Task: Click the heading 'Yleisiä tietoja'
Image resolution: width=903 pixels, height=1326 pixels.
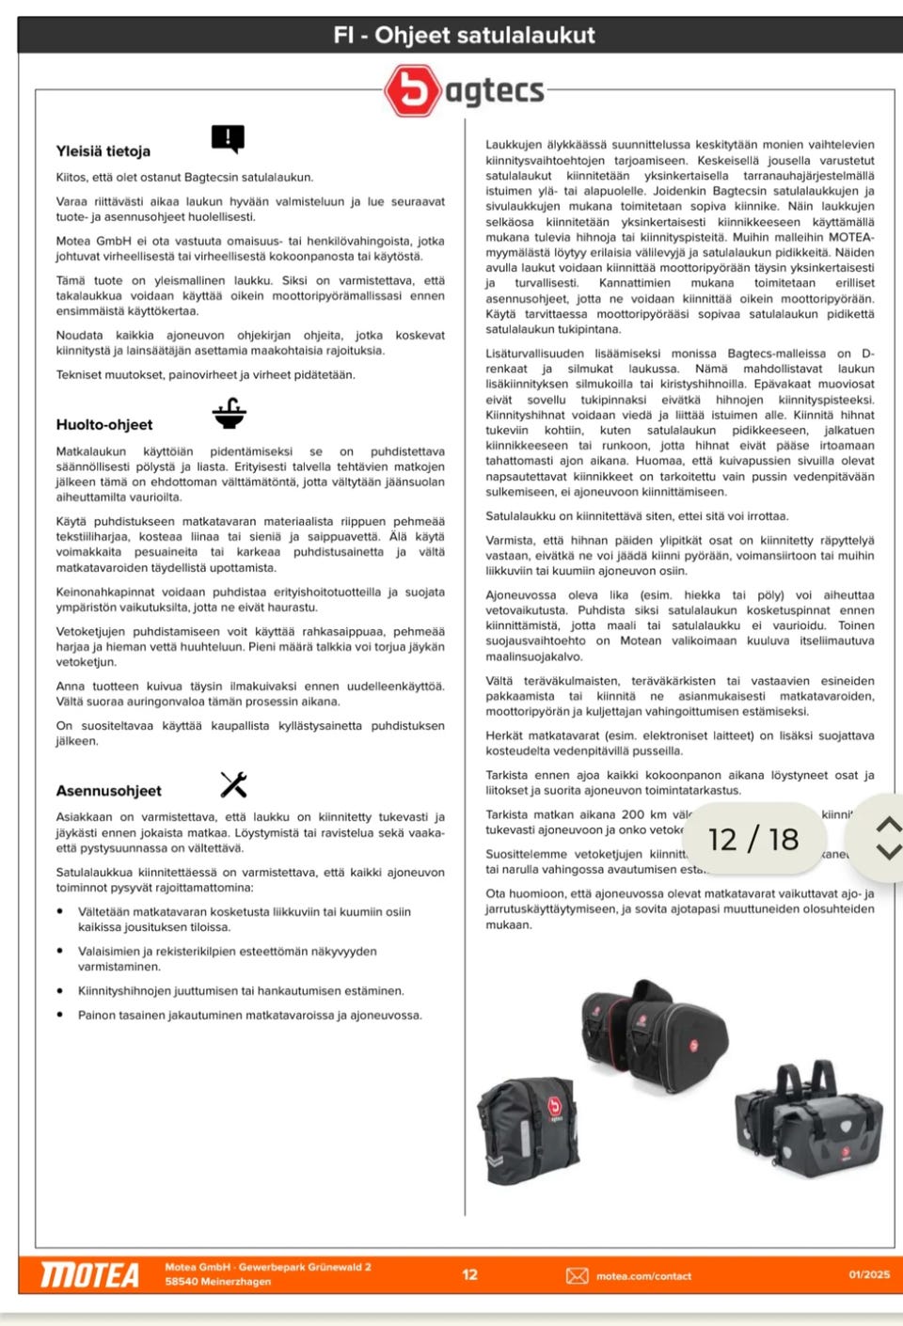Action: [103, 150]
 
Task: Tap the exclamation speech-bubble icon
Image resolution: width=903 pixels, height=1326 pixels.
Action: [228, 139]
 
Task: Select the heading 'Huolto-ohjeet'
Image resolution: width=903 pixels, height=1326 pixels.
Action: [103, 424]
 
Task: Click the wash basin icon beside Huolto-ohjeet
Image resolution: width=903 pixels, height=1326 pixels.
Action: [229, 413]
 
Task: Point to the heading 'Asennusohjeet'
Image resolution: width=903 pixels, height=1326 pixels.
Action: [108, 791]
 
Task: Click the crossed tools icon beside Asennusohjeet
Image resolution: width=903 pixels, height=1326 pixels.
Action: [233, 784]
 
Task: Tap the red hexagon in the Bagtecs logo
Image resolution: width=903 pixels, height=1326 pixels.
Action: [412, 90]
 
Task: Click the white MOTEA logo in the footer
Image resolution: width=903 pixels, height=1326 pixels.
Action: [90, 1275]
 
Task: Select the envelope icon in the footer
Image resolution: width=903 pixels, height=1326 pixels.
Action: [577, 1275]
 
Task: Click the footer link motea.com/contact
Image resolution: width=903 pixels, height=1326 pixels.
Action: [643, 1276]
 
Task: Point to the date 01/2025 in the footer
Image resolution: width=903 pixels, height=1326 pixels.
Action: [869, 1274]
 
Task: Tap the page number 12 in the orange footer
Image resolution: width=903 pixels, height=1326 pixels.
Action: [469, 1274]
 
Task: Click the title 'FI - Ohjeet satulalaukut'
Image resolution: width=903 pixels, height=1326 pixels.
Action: [464, 35]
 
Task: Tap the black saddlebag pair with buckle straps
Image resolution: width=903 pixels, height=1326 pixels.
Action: [809, 1124]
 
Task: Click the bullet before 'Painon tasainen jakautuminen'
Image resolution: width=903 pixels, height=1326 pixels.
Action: [60, 1015]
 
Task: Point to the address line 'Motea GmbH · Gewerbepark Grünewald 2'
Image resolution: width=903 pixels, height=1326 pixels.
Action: [268, 1267]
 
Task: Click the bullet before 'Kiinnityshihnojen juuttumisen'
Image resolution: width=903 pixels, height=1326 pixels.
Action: [60, 990]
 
